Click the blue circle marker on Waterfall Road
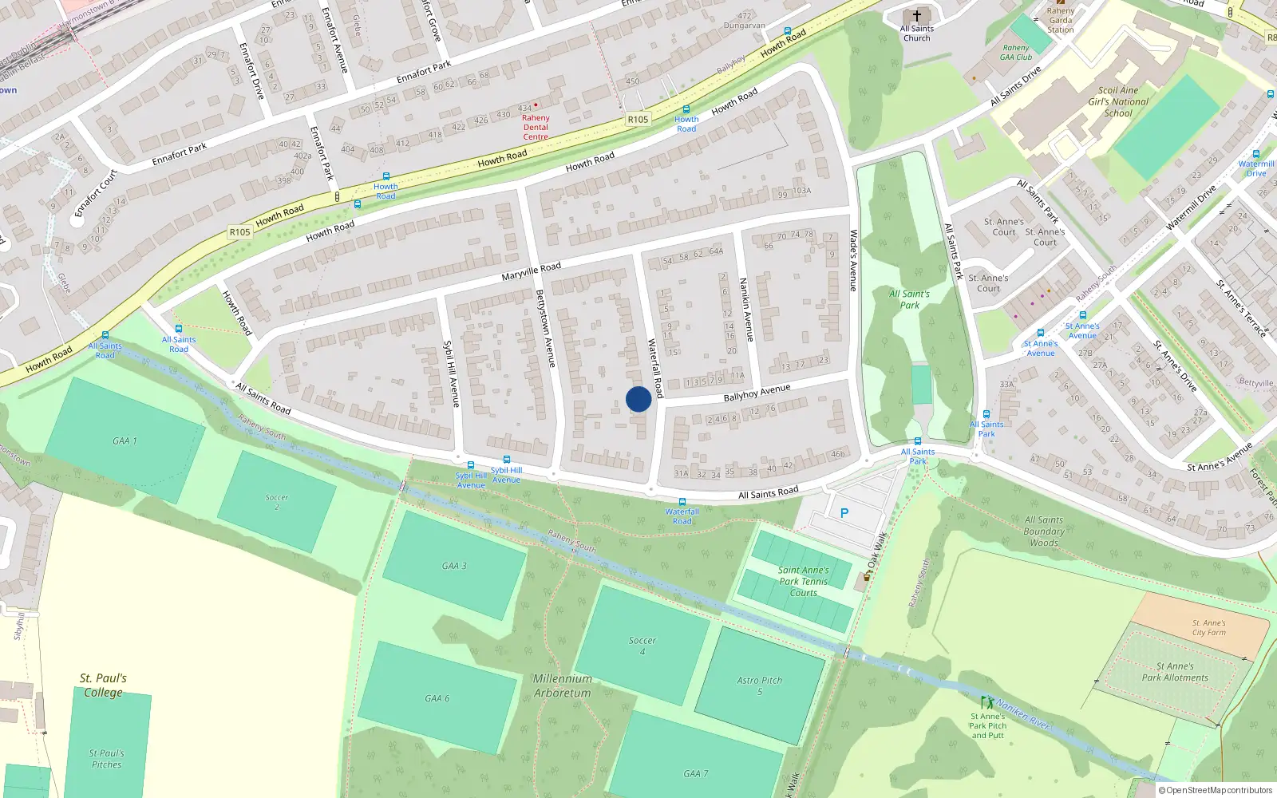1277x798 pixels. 638,399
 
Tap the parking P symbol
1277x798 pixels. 844,513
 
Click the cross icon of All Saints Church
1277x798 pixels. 917,16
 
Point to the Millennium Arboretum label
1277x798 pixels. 563,685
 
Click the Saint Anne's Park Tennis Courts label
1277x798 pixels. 803,581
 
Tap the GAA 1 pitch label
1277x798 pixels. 125,440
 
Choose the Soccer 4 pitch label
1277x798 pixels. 642,646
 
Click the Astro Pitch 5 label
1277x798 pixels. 760,685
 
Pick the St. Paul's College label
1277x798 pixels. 103,685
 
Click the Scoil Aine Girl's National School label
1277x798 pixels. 1118,101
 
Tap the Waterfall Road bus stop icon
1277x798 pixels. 682,502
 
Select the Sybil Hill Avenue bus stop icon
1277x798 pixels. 470,465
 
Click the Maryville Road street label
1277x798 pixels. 532,271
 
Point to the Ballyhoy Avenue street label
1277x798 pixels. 757,392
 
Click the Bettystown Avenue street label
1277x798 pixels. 545,328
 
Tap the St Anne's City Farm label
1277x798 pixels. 1208,628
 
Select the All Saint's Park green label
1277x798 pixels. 910,299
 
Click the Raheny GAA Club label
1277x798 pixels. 1017,52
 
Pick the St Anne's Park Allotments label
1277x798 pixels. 1175,672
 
